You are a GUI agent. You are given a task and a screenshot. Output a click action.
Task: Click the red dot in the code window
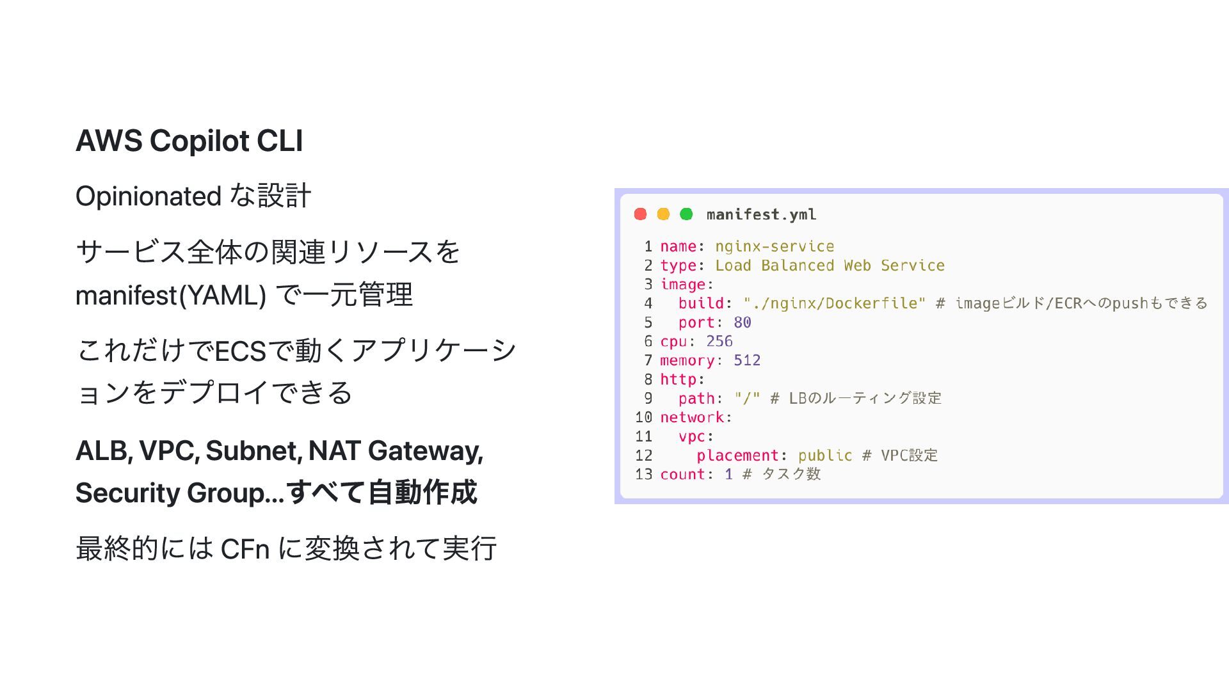point(640,214)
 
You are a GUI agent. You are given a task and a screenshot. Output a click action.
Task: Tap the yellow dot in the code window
point(663,214)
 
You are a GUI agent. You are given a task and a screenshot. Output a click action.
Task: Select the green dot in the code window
point(686,214)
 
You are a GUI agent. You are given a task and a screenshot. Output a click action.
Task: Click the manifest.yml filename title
point(761,215)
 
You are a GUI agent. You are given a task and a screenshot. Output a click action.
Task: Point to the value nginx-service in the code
point(775,246)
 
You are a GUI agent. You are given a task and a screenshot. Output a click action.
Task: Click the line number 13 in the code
point(643,474)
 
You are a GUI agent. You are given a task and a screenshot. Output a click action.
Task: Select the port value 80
point(743,322)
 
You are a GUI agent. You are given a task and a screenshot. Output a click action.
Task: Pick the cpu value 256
point(719,342)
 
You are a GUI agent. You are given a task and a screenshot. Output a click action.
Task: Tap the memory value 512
point(747,361)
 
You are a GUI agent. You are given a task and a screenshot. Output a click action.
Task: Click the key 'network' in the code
point(692,418)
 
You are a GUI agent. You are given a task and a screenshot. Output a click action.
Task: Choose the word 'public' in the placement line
point(825,456)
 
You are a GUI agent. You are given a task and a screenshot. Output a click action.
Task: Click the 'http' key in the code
point(678,379)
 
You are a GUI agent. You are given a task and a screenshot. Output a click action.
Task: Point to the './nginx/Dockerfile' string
point(834,303)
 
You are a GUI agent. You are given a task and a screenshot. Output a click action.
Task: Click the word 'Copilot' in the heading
point(199,141)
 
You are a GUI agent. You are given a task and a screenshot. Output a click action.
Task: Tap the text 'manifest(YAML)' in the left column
point(171,296)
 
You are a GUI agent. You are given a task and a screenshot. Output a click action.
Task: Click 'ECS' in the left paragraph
point(240,351)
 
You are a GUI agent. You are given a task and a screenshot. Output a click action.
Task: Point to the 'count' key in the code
point(682,474)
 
